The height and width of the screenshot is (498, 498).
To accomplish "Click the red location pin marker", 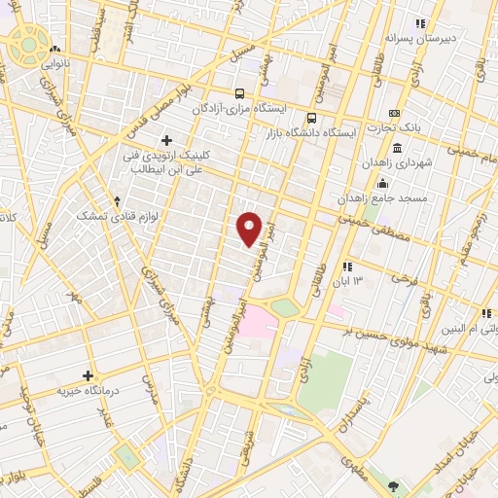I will (250, 228).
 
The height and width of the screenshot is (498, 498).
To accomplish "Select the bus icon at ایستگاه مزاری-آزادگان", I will (239, 94).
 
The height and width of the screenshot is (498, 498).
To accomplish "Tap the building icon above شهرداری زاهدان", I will (382, 185).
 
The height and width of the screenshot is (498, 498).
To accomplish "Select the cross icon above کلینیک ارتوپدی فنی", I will (166, 141).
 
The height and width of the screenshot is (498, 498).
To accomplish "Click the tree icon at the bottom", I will (393, 485).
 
